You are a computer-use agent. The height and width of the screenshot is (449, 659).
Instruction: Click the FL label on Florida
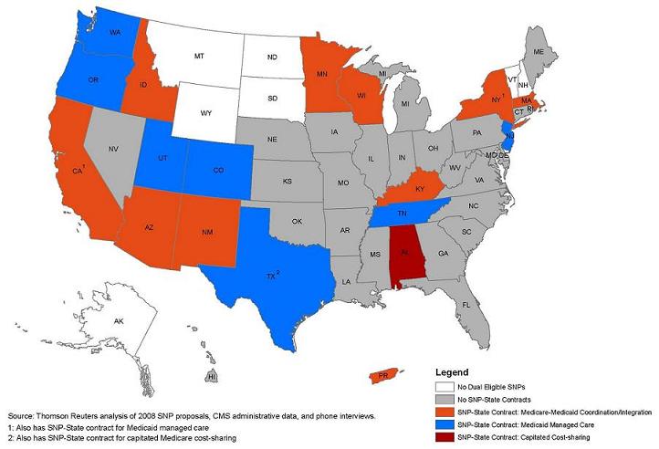465,304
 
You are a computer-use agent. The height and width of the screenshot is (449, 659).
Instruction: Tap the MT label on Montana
197,56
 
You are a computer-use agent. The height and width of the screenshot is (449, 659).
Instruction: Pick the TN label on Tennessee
402,213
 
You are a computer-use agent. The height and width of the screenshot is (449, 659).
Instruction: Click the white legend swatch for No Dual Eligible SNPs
444,389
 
